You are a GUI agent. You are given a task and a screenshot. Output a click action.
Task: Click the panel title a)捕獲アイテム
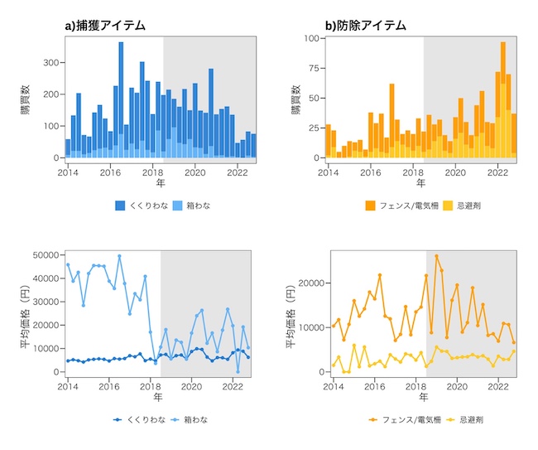105,26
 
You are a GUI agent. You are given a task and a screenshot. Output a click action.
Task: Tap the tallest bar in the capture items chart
121,99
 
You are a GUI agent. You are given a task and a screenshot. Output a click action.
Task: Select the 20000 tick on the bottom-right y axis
309,283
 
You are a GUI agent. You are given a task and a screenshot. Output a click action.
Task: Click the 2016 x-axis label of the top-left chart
109,172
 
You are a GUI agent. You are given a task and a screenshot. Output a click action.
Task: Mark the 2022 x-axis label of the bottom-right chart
498,387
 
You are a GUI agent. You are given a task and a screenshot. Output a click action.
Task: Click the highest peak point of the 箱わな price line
119,256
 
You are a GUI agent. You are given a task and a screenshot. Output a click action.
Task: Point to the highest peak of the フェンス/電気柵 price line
437,256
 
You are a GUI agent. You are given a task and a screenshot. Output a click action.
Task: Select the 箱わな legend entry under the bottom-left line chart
191,419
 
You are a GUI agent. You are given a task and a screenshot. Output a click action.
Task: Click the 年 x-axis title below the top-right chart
421,183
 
